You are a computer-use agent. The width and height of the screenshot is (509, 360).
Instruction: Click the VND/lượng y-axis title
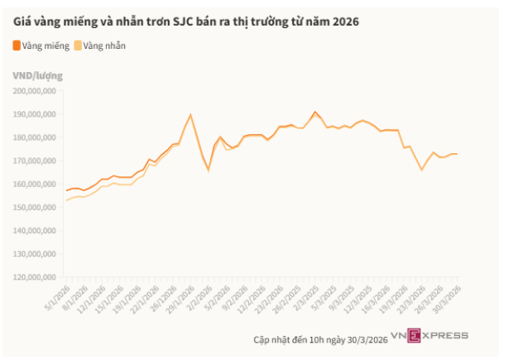(x=38, y=76)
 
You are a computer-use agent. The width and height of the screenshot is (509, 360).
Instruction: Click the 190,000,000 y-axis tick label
(x=36, y=113)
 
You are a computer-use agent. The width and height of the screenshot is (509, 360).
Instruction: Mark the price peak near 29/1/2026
(x=190, y=114)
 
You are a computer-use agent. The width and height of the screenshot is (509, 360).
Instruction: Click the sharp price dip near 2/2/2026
(x=208, y=170)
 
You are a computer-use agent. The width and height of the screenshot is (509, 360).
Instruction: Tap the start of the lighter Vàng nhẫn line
(x=66, y=200)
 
